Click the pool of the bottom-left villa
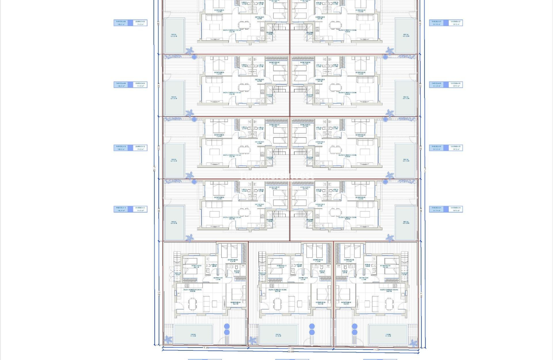tap(193, 335)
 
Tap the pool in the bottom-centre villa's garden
tap(278, 335)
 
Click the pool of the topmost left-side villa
tap(174, 36)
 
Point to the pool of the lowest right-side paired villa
tap(406, 223)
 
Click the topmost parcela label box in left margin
tap(130, 23)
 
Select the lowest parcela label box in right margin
tap(446, 209)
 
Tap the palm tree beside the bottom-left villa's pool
tap(168, 339)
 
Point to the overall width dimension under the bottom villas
tap(290, 352)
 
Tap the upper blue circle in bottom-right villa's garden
tap(354, 326)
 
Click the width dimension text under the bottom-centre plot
tap(290, 348)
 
